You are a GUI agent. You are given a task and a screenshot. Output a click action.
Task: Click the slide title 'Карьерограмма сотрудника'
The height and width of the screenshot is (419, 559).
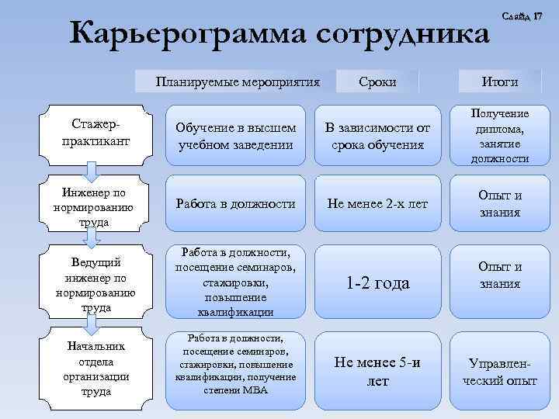click(x=279, y=35)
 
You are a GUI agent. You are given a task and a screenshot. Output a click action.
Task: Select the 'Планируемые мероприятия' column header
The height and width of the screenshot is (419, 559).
click(x=238, y=81)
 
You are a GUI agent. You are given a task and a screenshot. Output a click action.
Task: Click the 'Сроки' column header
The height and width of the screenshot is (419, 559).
click(x=378, y=81)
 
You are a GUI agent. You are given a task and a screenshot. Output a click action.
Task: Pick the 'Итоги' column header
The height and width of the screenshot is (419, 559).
click(x=500, y=81)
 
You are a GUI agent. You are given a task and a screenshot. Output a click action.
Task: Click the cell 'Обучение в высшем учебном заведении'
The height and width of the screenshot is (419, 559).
click(x=235, y=136)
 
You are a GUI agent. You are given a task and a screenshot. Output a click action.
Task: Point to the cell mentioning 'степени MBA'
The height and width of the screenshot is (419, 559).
click(x=235, y=365)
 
